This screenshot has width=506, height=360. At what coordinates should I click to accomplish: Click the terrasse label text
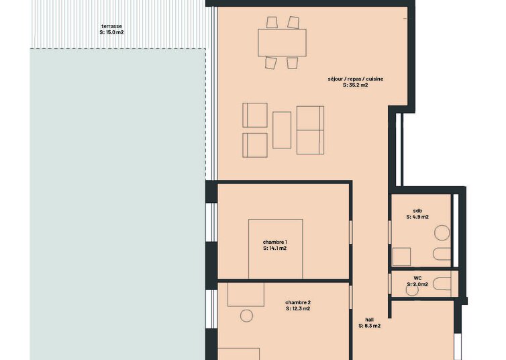[111, 26]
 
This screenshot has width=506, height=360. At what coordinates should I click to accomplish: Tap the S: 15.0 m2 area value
[111, 32]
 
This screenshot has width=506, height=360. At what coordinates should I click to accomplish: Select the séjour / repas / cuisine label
[356, 79]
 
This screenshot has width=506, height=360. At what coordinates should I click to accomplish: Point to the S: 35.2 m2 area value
[356, 85]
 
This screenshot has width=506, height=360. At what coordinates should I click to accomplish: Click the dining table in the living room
[282, 42]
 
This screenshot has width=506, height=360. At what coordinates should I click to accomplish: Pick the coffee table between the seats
[282, 130]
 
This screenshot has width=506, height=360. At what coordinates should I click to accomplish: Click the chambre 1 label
[275, 242]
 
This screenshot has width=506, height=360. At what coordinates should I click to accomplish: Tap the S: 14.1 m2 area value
[275, 249]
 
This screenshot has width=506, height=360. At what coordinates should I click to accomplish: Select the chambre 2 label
[298, 302]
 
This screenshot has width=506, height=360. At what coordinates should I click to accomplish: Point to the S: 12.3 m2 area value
[298, 309]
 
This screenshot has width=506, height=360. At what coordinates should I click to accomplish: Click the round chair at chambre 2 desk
[246, 316]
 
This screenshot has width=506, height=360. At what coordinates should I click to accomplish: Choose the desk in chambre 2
[246, 294]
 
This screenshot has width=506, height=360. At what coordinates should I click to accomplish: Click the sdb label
[417, 211]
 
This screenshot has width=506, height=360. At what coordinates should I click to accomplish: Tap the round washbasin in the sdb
[442, 232]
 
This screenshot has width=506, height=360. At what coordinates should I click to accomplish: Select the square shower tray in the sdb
[401, 257]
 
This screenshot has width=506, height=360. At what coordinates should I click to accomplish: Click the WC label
[417, 278]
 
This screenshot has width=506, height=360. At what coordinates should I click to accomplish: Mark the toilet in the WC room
[442, 284]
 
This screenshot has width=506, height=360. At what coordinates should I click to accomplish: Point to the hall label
[370, 320]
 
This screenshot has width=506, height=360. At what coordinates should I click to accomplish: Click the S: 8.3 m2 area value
[370, 326]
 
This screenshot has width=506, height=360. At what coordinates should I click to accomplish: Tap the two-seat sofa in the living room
[311, 130]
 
